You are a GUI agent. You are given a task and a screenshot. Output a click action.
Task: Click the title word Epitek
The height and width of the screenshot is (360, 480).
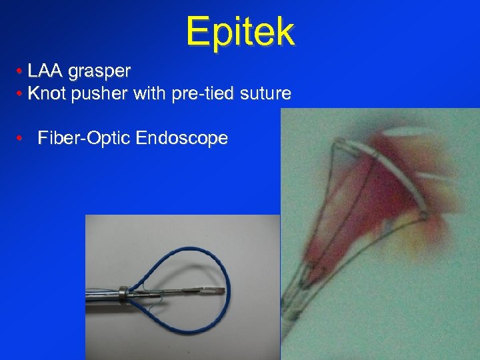pyautogui.click(x=240, y=31)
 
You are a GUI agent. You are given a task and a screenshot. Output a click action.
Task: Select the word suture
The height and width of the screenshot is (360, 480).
pyautogui.click(x=267, y=94)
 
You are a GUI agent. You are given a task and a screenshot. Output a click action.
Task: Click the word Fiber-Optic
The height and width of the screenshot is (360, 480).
pyautogui.click(x=84, y=139)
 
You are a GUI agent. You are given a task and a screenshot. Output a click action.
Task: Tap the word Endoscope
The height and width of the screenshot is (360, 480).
pyautogui.click(x=181, y=139)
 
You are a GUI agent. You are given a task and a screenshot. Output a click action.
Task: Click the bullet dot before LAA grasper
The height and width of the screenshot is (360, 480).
pyautogui.click(x=22, y=71)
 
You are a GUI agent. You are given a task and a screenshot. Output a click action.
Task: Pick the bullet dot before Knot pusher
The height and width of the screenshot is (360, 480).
pyautogui.click(x=22, y=94)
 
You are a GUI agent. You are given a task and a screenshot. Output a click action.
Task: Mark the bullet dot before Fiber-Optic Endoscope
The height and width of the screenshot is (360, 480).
pyautogui.click(x=22, y=139)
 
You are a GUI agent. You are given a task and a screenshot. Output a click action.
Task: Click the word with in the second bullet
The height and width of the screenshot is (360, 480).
pyautogui.click(x=149, y=93)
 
